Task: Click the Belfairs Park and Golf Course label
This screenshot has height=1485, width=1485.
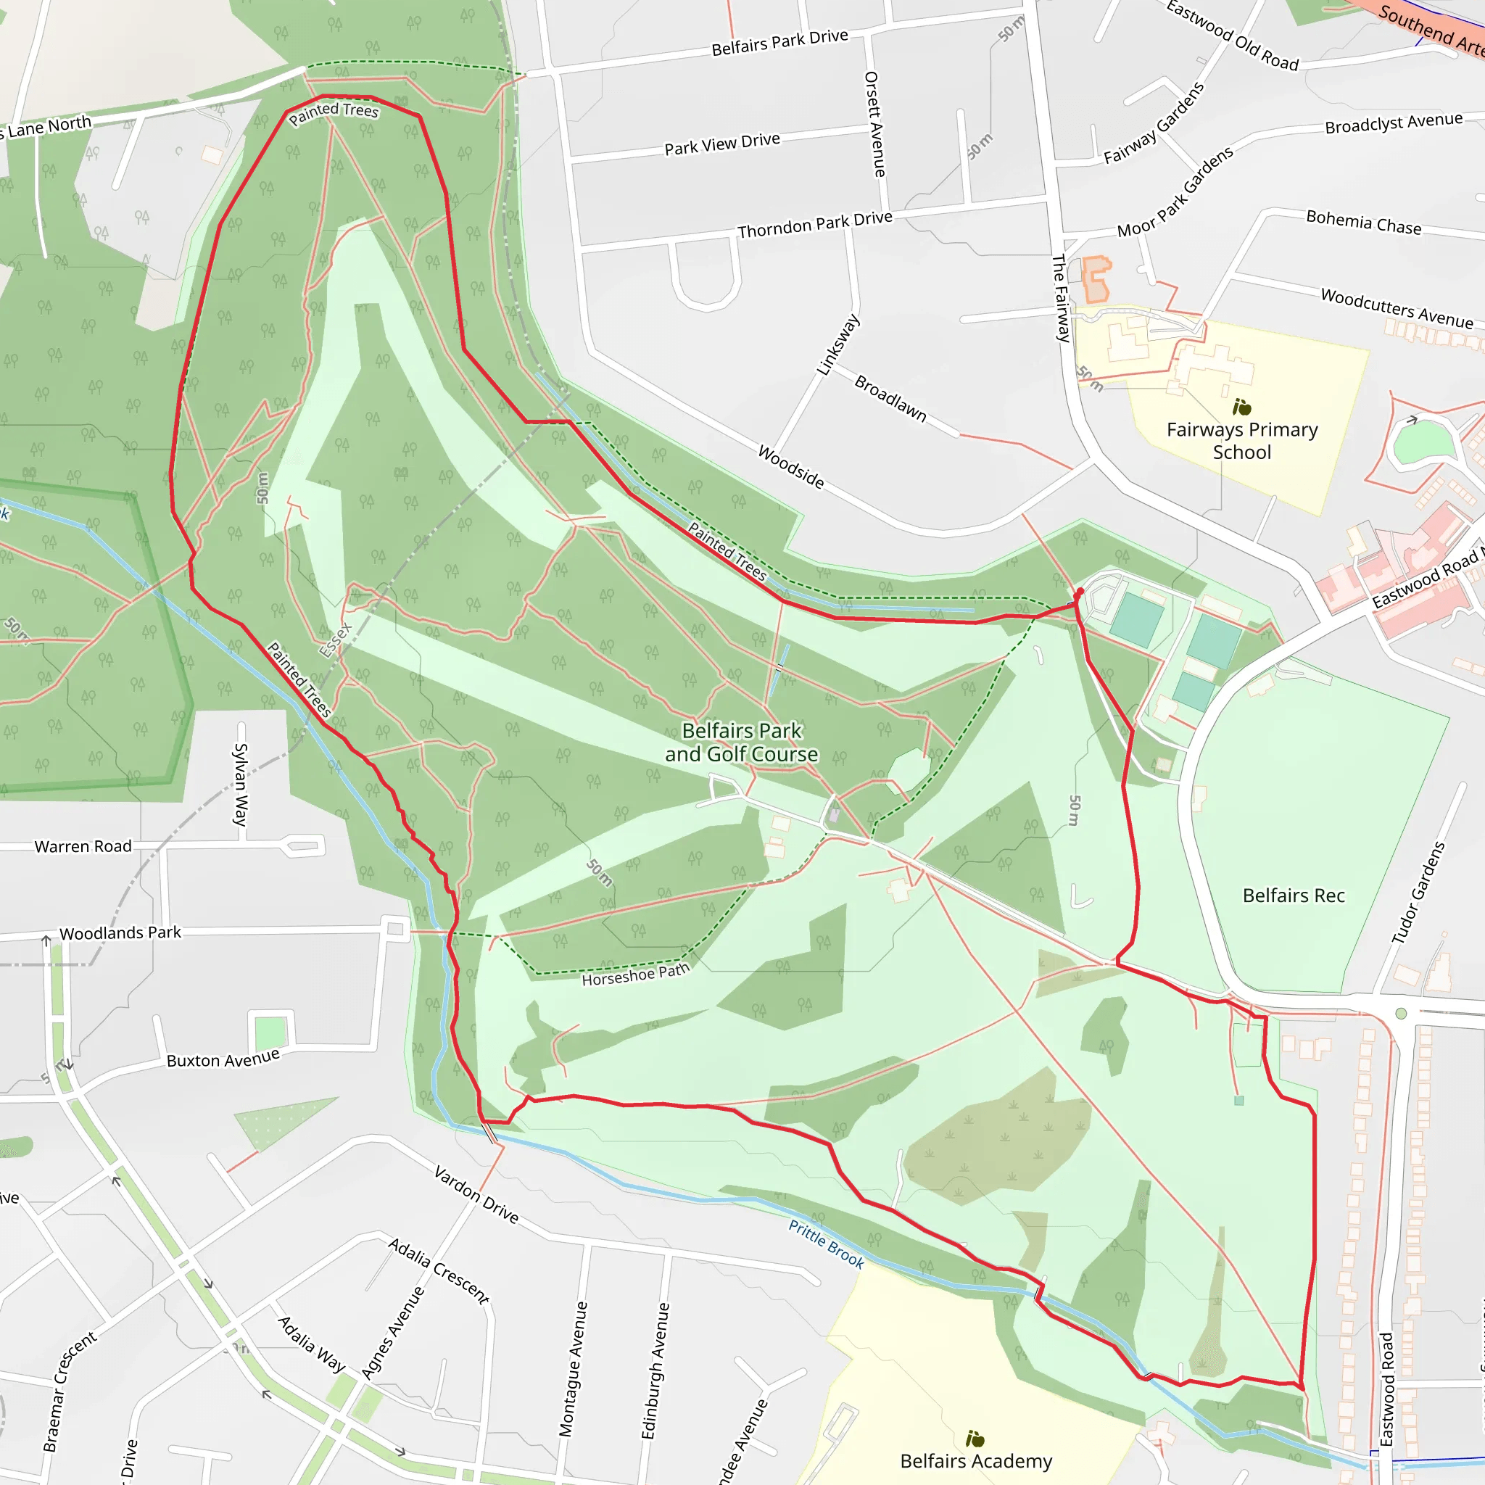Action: point(742,742)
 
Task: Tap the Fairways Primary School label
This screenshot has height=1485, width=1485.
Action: point(1241,440)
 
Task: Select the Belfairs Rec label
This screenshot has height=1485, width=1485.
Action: point(1294,895)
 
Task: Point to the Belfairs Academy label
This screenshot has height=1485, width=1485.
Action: point(975,1460)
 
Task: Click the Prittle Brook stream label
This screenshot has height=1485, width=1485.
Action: point(827,1244)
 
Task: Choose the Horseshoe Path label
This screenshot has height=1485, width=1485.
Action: point(635,975)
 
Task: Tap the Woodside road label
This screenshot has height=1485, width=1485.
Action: point(791,466)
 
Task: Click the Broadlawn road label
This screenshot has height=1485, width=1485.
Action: point(890,397)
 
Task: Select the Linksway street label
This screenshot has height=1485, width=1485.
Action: point(837,345)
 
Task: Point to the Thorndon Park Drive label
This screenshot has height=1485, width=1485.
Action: point(815,225)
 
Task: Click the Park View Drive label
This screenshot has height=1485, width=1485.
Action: point(721,144)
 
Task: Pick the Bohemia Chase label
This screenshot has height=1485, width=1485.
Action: point(1364,222)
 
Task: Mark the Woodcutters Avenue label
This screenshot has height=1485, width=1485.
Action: point(1397,307)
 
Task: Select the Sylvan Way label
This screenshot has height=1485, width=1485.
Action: point(241,784)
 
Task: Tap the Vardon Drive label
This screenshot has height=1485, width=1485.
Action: point(476,1194)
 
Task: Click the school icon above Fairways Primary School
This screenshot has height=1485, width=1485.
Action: point(1241,407)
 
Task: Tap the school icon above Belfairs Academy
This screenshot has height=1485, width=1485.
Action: point(975,1437)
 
